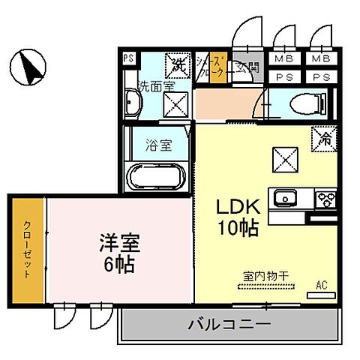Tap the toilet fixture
tap(304, 101)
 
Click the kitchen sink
tap(286, 199)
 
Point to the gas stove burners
tap(326, 199)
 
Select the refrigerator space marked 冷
tap(325, 138)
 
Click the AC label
tap(322, 285)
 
